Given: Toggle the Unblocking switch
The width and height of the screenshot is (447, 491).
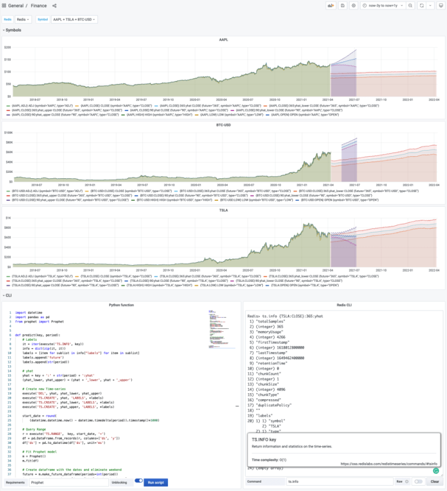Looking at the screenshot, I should [x=139, y=481].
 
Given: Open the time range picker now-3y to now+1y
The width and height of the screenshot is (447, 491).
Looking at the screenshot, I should [x=383, y=5].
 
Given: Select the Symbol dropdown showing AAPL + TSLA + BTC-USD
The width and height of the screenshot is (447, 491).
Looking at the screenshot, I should [x=74, y=19].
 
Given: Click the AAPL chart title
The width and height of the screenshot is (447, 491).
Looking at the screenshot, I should [x=223, y=40].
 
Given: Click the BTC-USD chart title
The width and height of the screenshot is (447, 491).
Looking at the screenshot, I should [x=223, y=125].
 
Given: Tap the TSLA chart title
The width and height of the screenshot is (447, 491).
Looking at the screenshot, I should [x=223, y=210].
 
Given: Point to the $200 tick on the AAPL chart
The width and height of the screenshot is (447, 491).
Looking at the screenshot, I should [x=7, y=47].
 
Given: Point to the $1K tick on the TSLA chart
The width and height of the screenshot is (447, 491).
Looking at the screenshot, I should [x=8, y=218].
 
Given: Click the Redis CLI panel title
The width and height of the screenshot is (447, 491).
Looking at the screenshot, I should [x=344, y=304].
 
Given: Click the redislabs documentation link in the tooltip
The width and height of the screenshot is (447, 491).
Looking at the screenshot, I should [x=389, y=463].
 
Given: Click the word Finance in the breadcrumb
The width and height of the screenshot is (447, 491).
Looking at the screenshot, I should [x=39, y=5].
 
